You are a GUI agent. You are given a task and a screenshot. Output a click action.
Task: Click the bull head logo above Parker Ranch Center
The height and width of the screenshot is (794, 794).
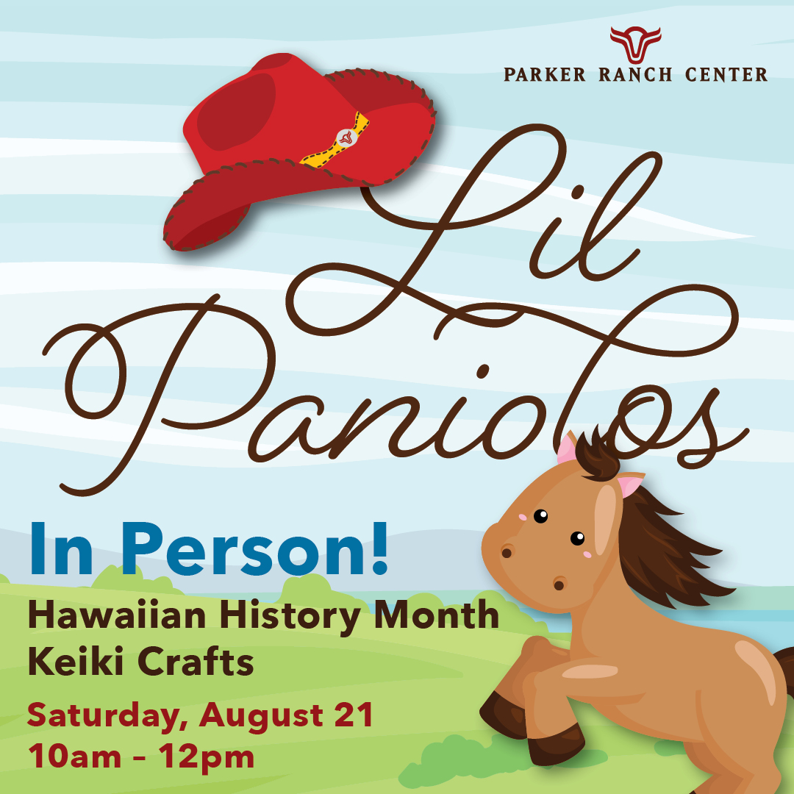pyautogui.click(x=635, y=44)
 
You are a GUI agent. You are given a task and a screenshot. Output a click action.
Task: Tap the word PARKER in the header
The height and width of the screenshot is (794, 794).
pyautogui.click(x=544, y=74)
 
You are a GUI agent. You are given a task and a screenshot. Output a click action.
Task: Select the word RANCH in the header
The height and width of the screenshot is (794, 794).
pyautogui.click(x=635, y=74)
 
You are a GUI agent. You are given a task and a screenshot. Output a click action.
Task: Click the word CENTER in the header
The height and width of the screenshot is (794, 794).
pyautogui.click(x=726, y=74)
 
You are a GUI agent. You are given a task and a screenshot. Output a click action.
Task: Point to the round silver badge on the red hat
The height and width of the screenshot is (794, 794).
pyautogui.click(x=346, y=137)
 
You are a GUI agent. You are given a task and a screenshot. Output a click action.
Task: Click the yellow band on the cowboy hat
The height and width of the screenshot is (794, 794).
pyautogui.click(x=336, y=140)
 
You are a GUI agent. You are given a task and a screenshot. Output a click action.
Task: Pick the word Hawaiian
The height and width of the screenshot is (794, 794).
pyautogui.click(x=117, y=615)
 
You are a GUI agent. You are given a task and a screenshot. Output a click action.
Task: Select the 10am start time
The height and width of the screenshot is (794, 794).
pyautogui.click(x=74, y=757)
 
